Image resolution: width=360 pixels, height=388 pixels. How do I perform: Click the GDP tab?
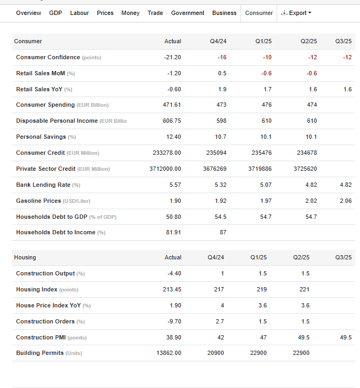56,13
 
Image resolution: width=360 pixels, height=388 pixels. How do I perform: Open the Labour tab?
79,13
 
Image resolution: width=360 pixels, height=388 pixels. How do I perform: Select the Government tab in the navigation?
187,13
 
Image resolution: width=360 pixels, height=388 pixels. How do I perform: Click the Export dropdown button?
296,13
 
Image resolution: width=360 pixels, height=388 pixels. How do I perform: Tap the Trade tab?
155,13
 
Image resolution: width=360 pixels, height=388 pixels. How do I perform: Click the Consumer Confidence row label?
48,57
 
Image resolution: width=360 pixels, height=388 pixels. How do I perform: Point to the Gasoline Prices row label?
38,201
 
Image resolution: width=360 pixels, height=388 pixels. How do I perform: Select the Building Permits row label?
40,353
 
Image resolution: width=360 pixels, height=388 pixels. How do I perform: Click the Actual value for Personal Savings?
173,137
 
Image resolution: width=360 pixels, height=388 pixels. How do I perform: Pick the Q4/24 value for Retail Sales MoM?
222,73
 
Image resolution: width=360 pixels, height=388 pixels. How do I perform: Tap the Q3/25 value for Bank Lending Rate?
346,185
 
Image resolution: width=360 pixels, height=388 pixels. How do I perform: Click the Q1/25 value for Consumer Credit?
262,153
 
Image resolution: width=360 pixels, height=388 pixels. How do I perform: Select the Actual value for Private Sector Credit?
165,169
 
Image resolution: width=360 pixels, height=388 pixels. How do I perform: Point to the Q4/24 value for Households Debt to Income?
223,232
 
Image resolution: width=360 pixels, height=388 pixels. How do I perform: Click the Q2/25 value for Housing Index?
304,289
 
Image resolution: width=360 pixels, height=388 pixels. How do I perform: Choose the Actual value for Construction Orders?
174,321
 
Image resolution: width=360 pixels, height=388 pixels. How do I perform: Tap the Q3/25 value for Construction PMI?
346,337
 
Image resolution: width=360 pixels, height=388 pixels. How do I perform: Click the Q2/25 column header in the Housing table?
301,257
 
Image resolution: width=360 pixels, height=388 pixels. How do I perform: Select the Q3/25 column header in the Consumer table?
343,41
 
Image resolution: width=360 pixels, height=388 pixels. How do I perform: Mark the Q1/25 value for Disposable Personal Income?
267,121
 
